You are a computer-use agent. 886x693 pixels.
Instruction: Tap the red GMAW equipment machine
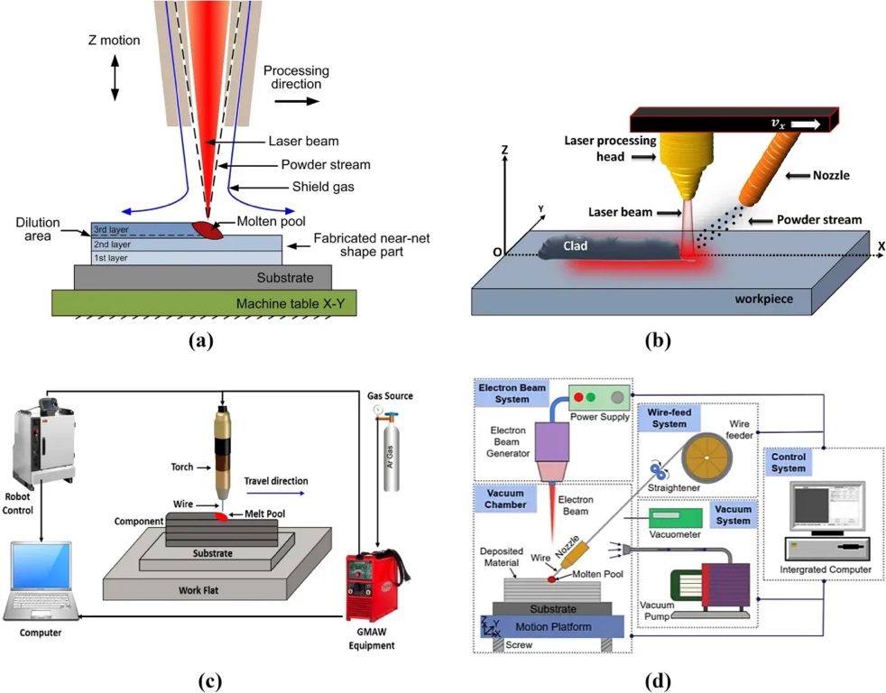click(x=377, y=577)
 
